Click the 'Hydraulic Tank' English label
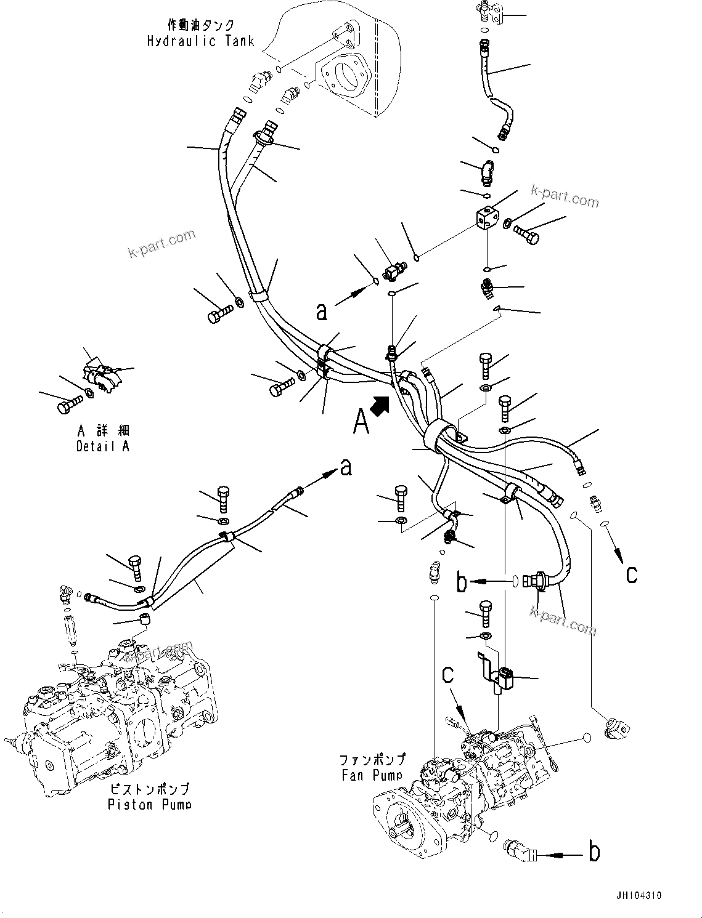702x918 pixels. point(200,41)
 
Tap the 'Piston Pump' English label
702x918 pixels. point(150,804)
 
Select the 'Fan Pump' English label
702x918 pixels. point(372,775)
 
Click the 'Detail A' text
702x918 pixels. point(103,446)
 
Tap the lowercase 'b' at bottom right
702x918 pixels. point(594,852)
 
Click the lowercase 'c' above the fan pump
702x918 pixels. point(448,674)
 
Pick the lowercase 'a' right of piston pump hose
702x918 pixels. point(346,467)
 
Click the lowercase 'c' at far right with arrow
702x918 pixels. point(631,574)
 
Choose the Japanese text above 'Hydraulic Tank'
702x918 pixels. point(201,25)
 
